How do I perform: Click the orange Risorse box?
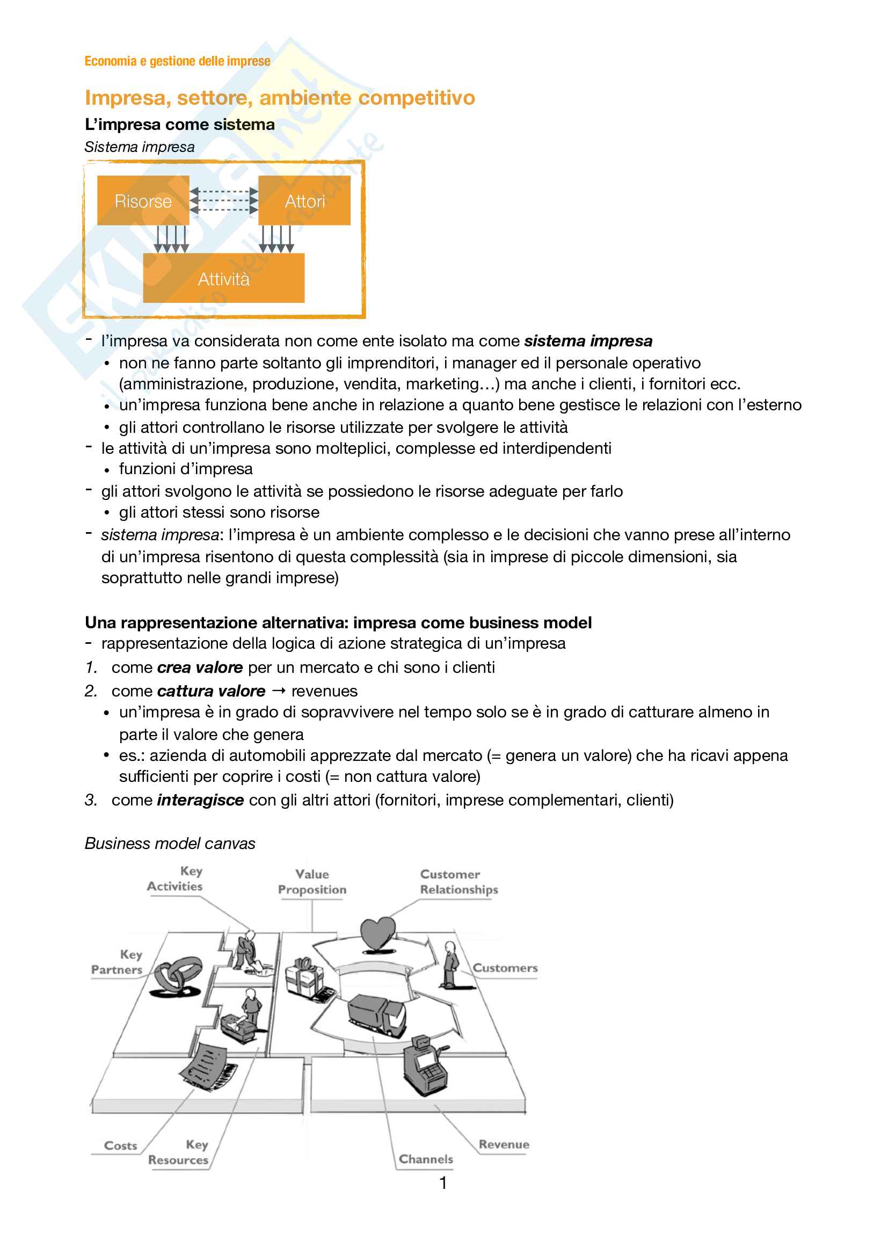(143, 201)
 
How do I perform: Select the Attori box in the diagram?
(304, 201)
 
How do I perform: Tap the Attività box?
(224, 279)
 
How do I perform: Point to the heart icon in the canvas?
(377, 933)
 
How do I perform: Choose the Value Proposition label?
(312, 881)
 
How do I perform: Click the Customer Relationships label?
(458, 881)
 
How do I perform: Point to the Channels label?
(426, 1159)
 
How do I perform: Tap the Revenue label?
(504, 1144)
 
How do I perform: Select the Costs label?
(120, 1145)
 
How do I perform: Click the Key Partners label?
(118, 962)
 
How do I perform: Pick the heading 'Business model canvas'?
(170, 843)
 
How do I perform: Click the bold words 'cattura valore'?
(211, 691)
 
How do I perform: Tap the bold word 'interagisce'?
(200, 800)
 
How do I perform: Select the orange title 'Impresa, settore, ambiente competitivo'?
(280, 97)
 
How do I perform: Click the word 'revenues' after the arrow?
(324, 691)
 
